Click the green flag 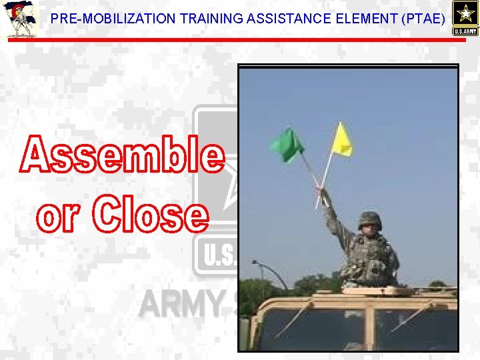click(x=287, y=145)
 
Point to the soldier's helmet click(x=369, y=219)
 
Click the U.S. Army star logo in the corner click(x=465, y=18)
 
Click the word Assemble click(x=122, y=155)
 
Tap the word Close click(x=149, y=215)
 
